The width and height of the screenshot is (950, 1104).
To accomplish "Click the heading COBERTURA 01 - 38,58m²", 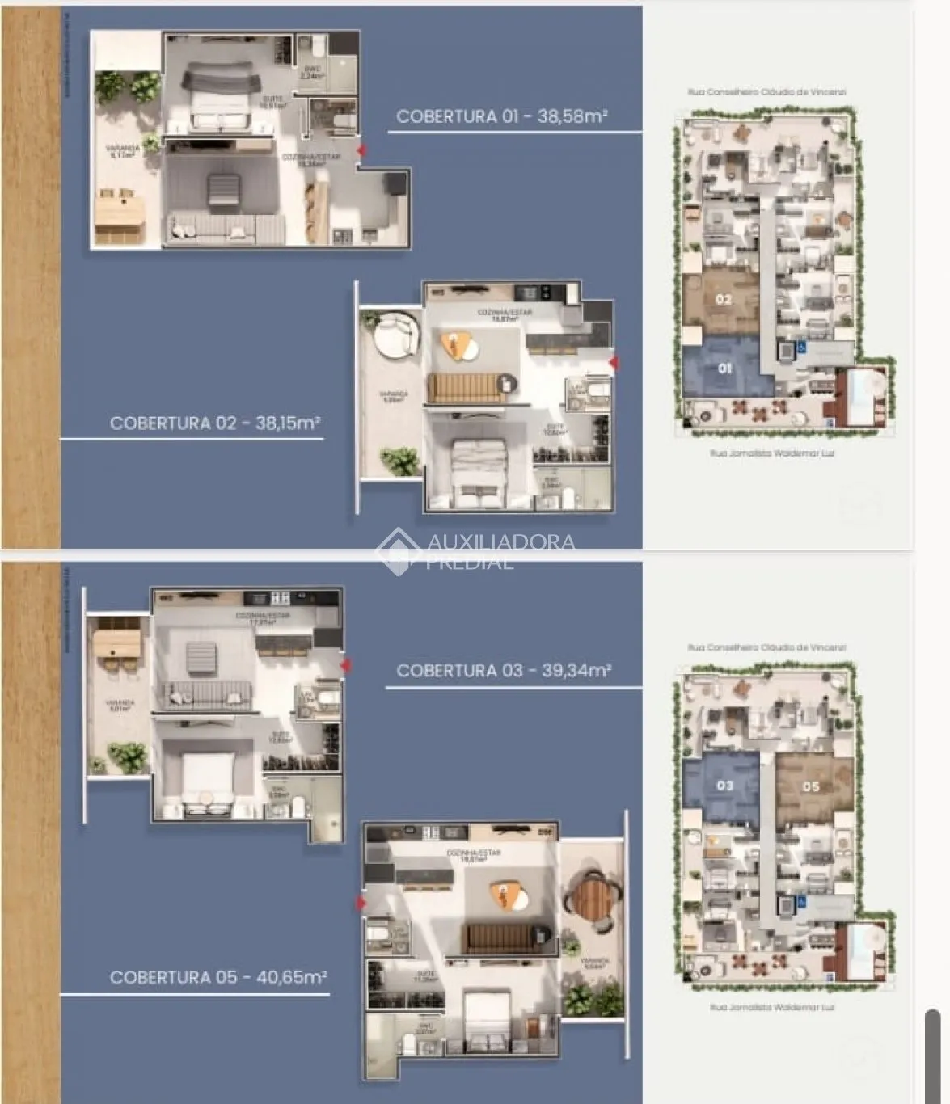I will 501,116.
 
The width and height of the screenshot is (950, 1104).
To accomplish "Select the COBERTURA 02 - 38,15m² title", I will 215,423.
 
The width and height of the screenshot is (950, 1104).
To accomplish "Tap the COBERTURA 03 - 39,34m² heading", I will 504,670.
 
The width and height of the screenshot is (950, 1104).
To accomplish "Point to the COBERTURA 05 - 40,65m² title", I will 218,977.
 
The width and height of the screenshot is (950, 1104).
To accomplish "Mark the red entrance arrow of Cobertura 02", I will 613,363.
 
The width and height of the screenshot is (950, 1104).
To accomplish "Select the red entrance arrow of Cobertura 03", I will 345,665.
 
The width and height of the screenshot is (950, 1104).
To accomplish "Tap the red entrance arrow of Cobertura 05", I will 361,903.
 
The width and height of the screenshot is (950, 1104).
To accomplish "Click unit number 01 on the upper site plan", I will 725,369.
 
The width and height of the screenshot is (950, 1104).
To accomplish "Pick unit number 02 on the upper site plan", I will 724,299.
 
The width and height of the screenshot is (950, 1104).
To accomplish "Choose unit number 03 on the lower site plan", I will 724,786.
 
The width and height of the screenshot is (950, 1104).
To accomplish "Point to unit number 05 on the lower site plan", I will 810,786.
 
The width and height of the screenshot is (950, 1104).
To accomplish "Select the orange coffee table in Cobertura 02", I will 461,346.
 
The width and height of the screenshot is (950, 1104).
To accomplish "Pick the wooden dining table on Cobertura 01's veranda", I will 120,219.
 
